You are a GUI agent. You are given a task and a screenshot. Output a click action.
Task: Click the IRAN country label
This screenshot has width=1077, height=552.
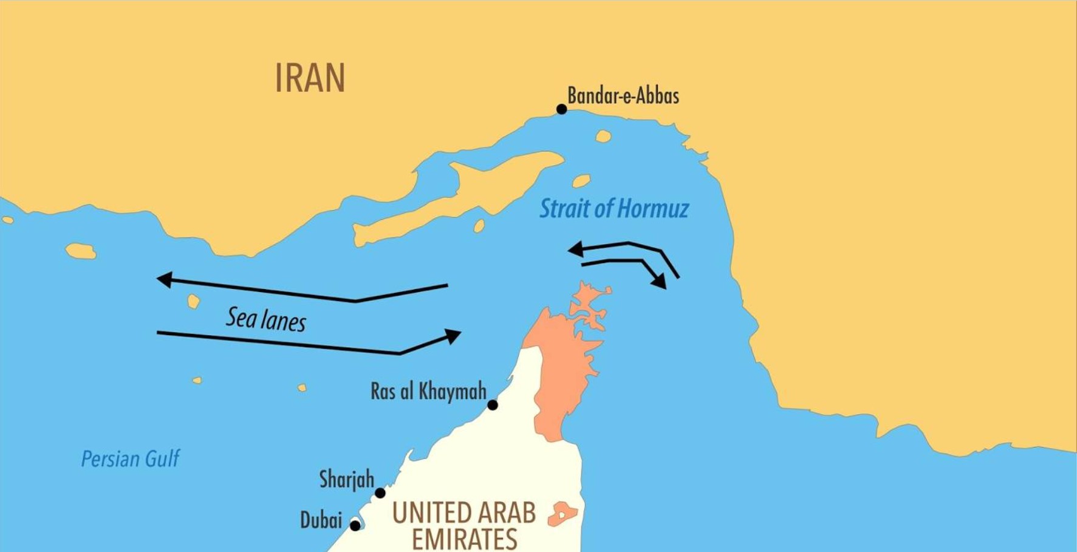click(x=310, y=78)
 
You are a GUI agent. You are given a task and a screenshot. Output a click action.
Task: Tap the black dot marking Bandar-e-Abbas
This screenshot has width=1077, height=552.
click(x=561, y=109)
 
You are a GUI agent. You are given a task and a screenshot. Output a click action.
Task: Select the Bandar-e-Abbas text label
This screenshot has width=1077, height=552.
click(x=623, y=95)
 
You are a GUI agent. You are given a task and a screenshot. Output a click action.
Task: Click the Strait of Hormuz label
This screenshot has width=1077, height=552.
click(x=614, y=209)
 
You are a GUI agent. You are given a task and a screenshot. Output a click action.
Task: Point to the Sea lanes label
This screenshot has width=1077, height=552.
click(x=266, y=319)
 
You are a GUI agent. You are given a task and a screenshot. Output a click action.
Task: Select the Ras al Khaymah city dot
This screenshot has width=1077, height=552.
click(x=493, y=405)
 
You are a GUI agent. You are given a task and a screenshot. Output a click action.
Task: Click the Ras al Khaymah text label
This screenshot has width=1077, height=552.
click(x=428, y=392)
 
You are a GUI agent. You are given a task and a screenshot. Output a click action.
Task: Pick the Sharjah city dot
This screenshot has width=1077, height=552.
click(x=380, y=493)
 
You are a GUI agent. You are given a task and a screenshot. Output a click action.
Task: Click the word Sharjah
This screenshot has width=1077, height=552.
click(x=346, y=480)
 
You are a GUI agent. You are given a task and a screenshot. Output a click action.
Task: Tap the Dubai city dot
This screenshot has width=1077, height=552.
click(x=355, y=525)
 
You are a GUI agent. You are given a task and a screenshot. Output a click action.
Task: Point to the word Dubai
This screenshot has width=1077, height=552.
click(x=321, y=521)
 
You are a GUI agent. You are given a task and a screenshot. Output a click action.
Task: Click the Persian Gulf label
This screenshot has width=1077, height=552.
click(x=130, y=459)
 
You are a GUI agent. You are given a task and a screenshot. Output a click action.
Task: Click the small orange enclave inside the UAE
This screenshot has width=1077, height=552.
click(x=562, y=514)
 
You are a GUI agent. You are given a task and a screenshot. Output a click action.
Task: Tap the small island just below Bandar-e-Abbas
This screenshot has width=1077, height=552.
click(x=603, y=136)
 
